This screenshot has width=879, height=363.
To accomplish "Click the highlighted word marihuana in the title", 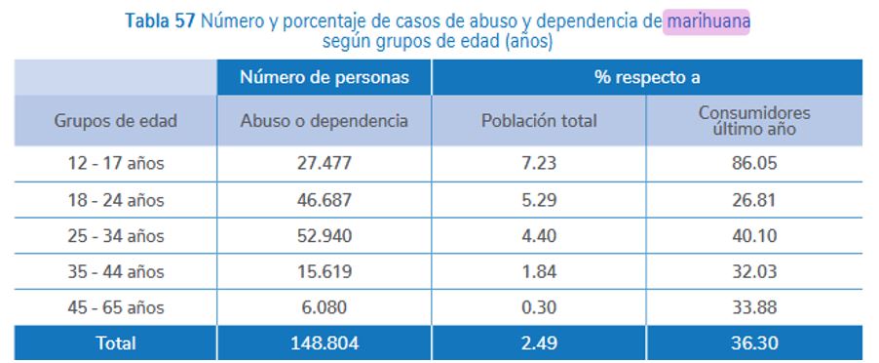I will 708,20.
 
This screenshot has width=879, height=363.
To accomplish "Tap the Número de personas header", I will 324,77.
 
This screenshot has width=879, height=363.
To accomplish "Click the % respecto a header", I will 646,77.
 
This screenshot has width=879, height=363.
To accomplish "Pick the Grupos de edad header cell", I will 115,121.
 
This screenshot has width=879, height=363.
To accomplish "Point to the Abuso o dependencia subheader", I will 324,121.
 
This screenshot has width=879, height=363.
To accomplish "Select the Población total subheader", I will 539,121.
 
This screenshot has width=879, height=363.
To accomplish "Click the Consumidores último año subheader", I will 753,121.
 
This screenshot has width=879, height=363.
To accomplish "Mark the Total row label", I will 115,343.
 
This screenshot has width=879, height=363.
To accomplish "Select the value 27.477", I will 324,164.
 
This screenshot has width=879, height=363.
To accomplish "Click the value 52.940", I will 324,236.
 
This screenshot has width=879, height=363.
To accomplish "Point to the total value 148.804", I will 324,343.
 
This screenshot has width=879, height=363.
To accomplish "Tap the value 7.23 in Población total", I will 539,164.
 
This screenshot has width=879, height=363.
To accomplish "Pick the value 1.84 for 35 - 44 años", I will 539,271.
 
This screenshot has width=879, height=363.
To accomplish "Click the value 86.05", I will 753,164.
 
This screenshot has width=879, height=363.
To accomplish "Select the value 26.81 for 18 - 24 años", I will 753,200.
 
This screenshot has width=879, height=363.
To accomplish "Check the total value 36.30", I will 753,343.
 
